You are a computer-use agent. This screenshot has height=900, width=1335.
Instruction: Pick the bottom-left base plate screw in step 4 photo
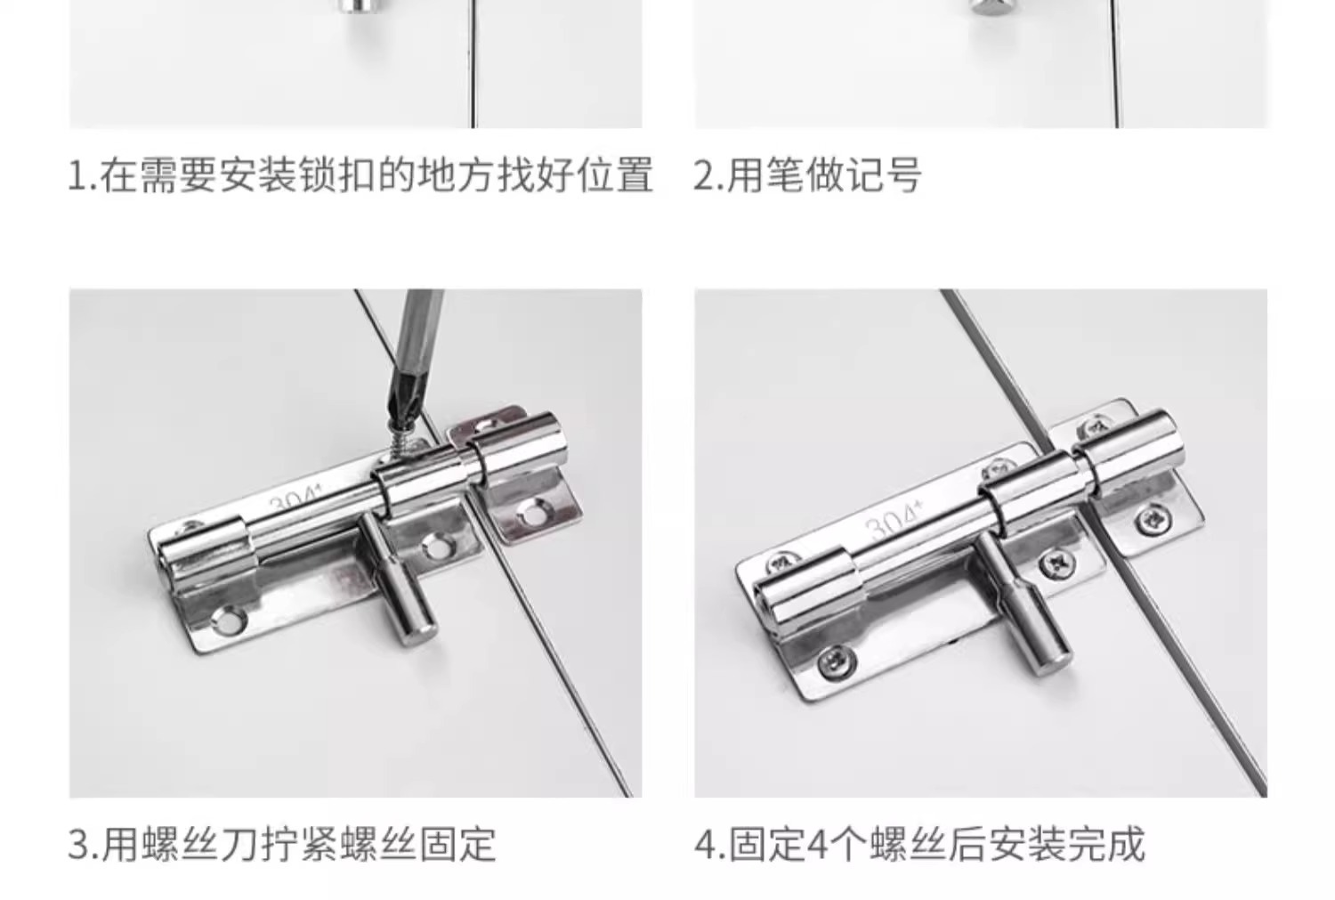(x=836, y=661)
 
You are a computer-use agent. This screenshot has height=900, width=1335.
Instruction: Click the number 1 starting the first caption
(x=77, y=176)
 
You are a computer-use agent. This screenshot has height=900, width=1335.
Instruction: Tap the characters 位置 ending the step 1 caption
(x=615, y=175)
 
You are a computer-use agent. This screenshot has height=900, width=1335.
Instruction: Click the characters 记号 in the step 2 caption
(x=883, y=175)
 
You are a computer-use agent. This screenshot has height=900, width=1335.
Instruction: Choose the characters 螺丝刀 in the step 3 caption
(x=199, y=844)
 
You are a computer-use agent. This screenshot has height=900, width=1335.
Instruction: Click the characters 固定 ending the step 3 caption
(x=457, y=844)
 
